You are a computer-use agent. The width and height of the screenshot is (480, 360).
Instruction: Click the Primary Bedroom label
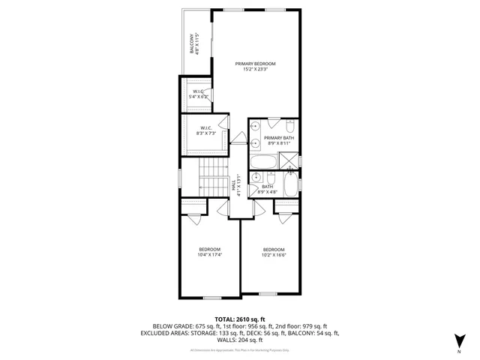254,67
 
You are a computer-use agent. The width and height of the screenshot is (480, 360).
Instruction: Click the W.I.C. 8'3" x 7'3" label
205,130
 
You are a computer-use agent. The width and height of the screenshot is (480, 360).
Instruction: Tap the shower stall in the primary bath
288,160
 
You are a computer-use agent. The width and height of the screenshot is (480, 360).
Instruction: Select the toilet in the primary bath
292,125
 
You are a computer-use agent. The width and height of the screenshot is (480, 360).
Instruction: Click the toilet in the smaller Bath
292,182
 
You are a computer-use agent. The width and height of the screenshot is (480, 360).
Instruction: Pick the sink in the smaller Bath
256,178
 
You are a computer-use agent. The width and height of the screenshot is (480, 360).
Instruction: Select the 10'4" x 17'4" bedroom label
209,252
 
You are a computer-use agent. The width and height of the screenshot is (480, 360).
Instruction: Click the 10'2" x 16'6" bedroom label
273,252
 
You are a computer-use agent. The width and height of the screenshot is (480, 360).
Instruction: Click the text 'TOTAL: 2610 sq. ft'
239,319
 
